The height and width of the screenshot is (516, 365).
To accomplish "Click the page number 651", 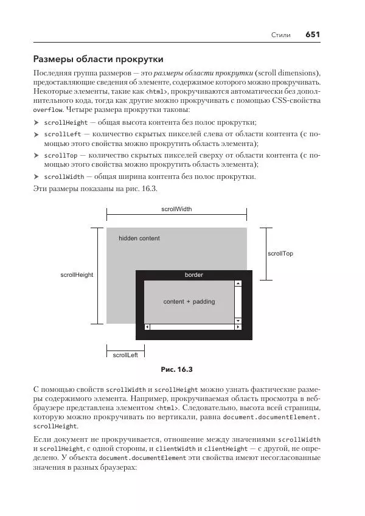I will [x=313, y=35].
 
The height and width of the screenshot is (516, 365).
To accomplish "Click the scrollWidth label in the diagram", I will [x=176, y=209].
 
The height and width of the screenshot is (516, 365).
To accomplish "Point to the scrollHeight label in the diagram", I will [x=77, y=275].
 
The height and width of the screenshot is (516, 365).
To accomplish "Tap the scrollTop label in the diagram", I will [x=280, y=253].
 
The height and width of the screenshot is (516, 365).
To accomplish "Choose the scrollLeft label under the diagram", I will [x=125, y=355].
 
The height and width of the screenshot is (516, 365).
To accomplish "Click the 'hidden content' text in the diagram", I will [x=139, y=239].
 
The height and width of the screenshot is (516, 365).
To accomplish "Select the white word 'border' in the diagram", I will [x=193, y=275].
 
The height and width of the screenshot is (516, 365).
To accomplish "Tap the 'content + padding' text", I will [x=189, y=302].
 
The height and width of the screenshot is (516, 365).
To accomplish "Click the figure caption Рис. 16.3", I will [x=176, y=369].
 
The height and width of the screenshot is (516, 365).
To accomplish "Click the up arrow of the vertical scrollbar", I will [x=238, y=283].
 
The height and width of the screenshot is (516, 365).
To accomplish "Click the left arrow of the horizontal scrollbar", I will [x=147, y=327].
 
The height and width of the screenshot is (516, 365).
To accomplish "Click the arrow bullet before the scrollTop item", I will [x=36, y=156].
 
